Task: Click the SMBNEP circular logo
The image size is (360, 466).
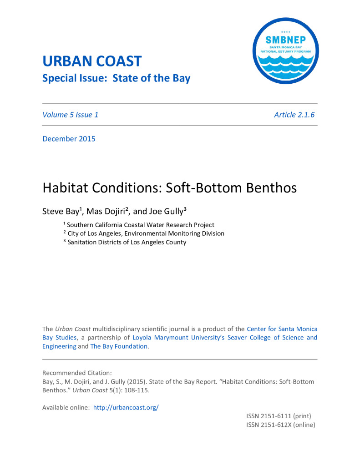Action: point(286,51)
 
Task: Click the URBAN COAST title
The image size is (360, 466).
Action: point(92,61)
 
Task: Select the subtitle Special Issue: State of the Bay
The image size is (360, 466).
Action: point(116,78)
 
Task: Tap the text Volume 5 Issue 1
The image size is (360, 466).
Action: point(70,115)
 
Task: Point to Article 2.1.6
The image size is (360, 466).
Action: point(294,115)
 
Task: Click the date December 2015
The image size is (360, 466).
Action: point(69,139)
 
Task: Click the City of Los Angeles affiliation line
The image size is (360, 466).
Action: point(146,233)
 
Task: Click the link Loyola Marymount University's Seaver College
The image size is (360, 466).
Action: point(196,338)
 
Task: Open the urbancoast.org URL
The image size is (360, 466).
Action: point(126,408)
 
